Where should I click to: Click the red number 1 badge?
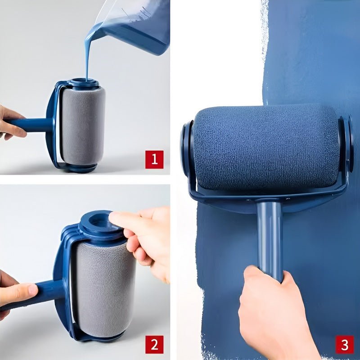(x=154, y=160)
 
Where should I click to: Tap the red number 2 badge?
(x=154, y=345)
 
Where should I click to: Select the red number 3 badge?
(x=344, y=345)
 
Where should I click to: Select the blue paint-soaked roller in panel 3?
(x=265, y=148)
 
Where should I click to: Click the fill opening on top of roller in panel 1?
(x=85, y=83)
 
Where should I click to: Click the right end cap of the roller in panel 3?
(x=346, y=144)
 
